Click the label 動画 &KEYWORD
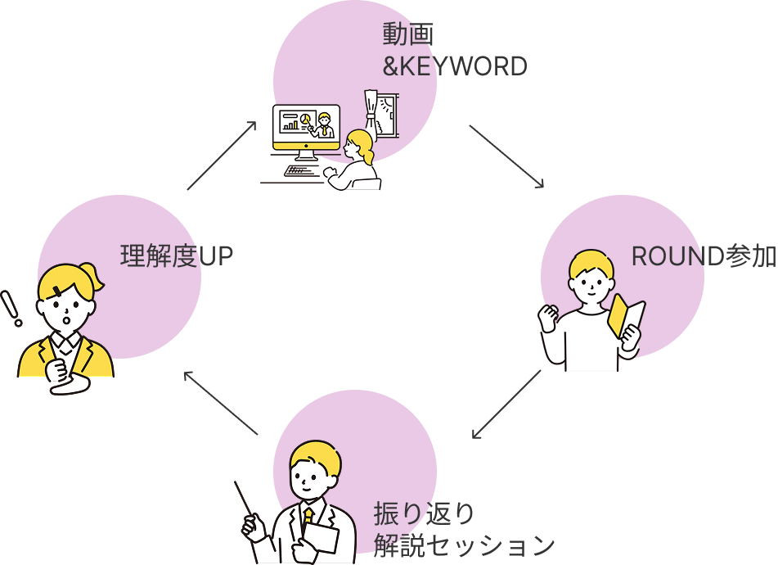454,51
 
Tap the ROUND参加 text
703,257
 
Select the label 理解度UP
177,257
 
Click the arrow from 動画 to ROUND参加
506,156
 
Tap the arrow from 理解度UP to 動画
222,156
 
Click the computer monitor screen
306,124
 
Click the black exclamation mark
11,308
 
